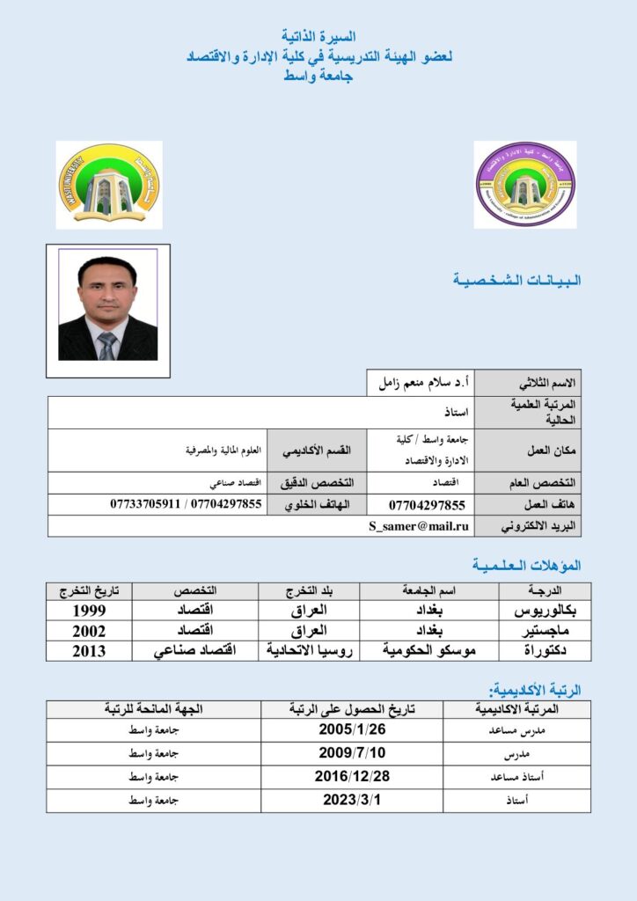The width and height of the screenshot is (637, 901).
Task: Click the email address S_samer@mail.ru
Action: click(x=419, y=526)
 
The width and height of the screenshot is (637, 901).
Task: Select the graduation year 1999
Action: click(x=89, y=611)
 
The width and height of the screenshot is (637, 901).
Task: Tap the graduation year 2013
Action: click(x=89, y=651)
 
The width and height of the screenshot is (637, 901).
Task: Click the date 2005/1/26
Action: click(x=352, y=729)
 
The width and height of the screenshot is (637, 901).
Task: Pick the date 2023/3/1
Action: click(x=352, y=800)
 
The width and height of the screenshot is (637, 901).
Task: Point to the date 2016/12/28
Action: click(x=352, y=776)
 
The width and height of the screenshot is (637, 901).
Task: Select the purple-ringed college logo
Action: click(x=525, y=185)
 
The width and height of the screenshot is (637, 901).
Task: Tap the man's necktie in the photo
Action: click(x=106, y=346)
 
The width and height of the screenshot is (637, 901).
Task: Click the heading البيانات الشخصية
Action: click(x=516, y=281)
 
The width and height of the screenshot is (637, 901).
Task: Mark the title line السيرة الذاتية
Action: click(x=318, y=36)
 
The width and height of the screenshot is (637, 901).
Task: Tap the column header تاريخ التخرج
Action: click(x=89, y=590)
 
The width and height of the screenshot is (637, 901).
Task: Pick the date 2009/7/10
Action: click(x=352, y=753)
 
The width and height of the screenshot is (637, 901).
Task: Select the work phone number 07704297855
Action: click(x=426, y=505)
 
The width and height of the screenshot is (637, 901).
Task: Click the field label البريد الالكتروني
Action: click(x=537, y=526)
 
